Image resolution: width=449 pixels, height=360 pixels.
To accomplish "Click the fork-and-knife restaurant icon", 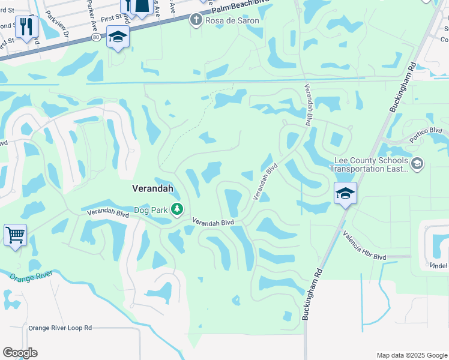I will pyautogui.click(x=26, y=27).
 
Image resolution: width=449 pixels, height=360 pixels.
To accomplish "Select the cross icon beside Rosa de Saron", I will pyautogui.click(x=195, y=20).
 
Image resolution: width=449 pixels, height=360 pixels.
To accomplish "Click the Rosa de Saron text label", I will pyautogui.click(x=232, y=20).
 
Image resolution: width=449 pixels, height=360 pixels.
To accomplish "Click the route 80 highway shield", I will pyautogui.click(x=97, y=37).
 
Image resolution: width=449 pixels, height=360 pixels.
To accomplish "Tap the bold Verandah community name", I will pyautogui.click(x=152, y=188).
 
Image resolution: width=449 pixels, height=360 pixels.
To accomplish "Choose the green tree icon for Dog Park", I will pyautogui.click(x=177, y=209).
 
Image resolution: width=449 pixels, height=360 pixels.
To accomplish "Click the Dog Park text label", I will pyautogui.click(x=149, y=209).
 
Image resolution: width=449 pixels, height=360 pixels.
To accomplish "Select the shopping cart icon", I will pyautogui.click(x=15, y=234).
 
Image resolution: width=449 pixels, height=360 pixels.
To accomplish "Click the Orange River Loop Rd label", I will pyautogui.click(x=60, y=328).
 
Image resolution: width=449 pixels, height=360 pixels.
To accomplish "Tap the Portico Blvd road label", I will pyautogui.click(x=427, y=131).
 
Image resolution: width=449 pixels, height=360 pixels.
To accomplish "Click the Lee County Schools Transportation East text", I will pyautogui.click(x=369, y=164).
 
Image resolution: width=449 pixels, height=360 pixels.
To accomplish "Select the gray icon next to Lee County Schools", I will pyautogui.click(x=417, y=163).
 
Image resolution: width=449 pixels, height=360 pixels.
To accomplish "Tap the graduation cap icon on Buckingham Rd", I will pyautogui.click(x=345, y=193).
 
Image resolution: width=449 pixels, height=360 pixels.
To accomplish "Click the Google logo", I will pyautogui.click(x=20, y=353).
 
